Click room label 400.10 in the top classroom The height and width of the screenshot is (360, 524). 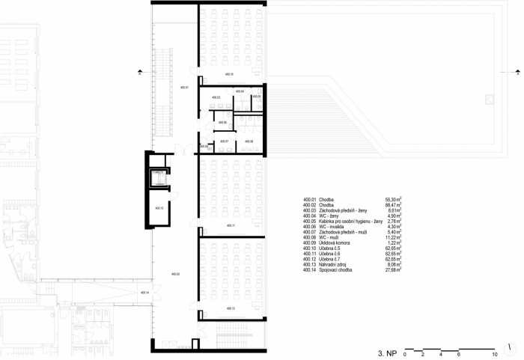[x=229, y=75]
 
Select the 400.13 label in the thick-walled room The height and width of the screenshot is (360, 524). [x=159, y=209]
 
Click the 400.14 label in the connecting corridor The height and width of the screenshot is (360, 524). [x=144, y=293]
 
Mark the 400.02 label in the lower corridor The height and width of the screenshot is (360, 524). [x=175, y=274]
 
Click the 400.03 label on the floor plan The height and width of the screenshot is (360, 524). [x=216, y=97]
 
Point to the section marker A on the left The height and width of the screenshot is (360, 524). [x=140, y=73]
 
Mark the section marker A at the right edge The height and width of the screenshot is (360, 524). [x=517, y=73]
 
